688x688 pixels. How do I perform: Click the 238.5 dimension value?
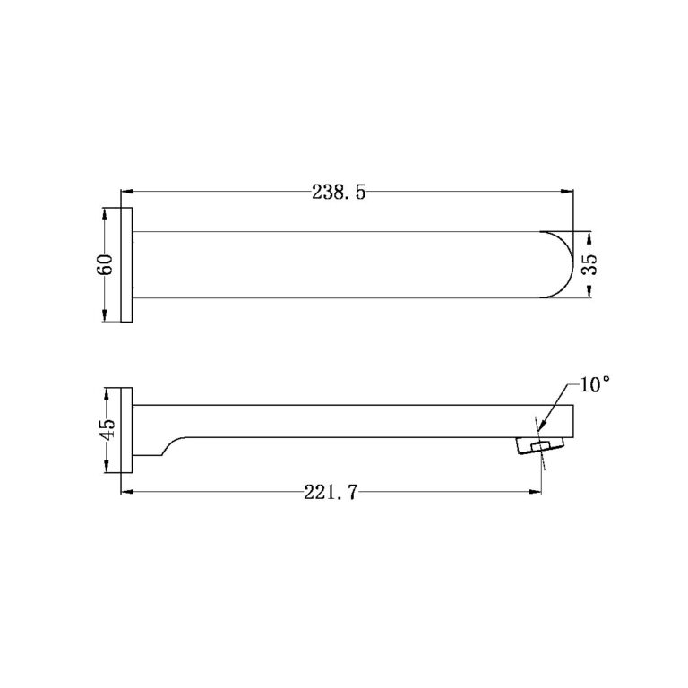coord(339,192)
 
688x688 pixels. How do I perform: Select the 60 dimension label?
coord(106,264)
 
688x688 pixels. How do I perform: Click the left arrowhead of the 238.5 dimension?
coord(128,191)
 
